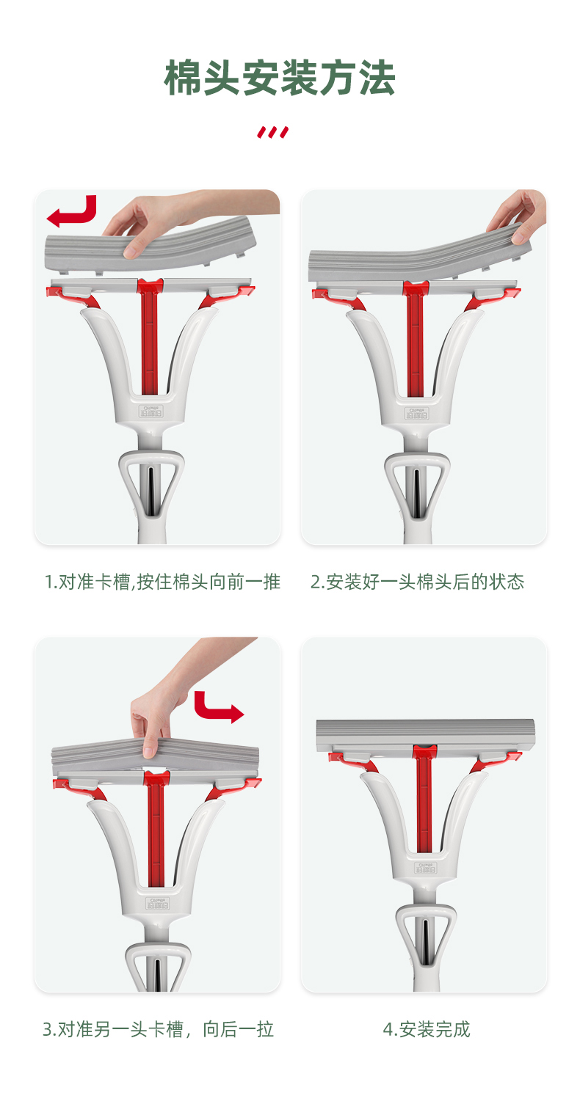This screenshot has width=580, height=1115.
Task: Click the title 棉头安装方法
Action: pos(280,78)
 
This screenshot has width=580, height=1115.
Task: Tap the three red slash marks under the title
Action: pos(272,132)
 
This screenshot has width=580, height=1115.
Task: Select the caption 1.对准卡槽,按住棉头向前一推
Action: pos(162,582)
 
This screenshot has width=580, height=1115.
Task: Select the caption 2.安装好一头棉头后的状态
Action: pos(417,582)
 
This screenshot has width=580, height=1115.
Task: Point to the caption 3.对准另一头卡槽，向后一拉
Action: pos(158,1029)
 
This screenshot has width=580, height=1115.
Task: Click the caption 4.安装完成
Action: pos(426,1029)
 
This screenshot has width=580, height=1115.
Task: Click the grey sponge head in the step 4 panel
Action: pos(425,735)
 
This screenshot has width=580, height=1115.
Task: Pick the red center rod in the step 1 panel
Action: pos(150,337)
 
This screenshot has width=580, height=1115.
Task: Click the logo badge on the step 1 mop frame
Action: pos(151,411)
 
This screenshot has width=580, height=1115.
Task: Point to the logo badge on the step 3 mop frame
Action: pos(157,904)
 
